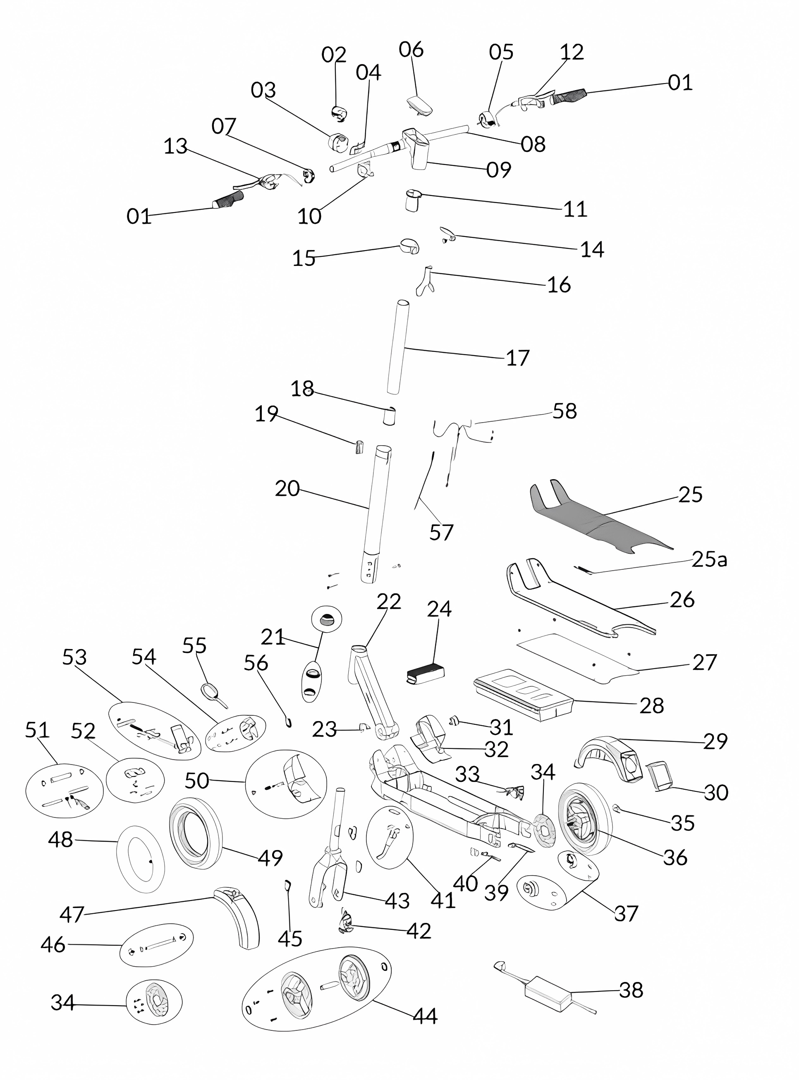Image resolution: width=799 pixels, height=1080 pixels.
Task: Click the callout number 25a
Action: tap(709, 559)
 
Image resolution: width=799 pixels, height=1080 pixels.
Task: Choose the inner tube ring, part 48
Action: tap(141, 858)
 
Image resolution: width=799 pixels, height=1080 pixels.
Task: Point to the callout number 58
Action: tap(565, 411)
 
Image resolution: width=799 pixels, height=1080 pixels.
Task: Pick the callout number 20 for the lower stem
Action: tap(287, 489)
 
